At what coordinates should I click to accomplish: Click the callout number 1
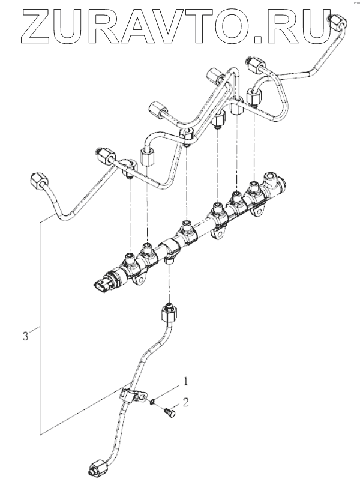[186, 381]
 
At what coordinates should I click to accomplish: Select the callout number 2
[186, 402]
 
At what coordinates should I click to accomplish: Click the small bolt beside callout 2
[169, 412]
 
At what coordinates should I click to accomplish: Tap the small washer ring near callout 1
[153, 401]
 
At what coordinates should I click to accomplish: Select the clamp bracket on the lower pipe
[131, 396]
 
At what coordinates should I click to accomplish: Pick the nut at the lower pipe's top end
[167, 313]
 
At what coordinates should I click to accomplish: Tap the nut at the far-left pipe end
[37, 179]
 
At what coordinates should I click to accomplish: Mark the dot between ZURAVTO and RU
[262, 40]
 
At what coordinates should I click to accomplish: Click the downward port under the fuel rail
[170, 259]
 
